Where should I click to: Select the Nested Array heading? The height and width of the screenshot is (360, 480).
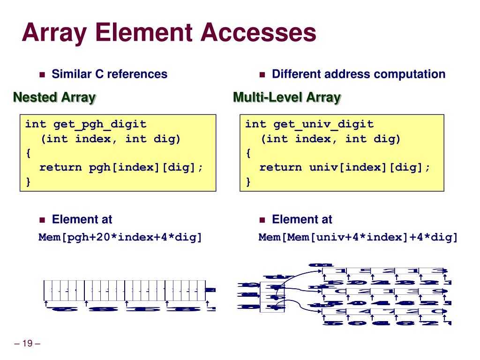tap(54, 97)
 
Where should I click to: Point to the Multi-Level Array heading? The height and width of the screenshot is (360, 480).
tap(287, 97)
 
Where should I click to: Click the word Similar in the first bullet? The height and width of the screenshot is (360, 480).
tap(72, 74)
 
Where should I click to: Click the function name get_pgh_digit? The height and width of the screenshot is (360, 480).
tap(100, 124)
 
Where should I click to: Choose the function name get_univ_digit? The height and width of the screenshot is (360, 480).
tap(323, 124)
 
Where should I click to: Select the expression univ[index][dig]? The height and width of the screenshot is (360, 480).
tap(369, 167)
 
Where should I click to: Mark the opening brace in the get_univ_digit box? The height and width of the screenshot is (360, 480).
tap(248, 153)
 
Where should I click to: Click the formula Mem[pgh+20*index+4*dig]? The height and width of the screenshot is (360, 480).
tap(120, 237)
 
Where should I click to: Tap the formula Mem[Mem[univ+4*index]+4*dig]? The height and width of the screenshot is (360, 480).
tap(358, 237)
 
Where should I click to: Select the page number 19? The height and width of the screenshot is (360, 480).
tap(27, 344)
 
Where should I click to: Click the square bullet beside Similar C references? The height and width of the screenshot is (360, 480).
tap(42, 75)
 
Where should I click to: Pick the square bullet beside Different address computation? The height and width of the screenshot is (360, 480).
tap(262, 75)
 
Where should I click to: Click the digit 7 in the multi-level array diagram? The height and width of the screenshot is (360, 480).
tap(384, 311)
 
